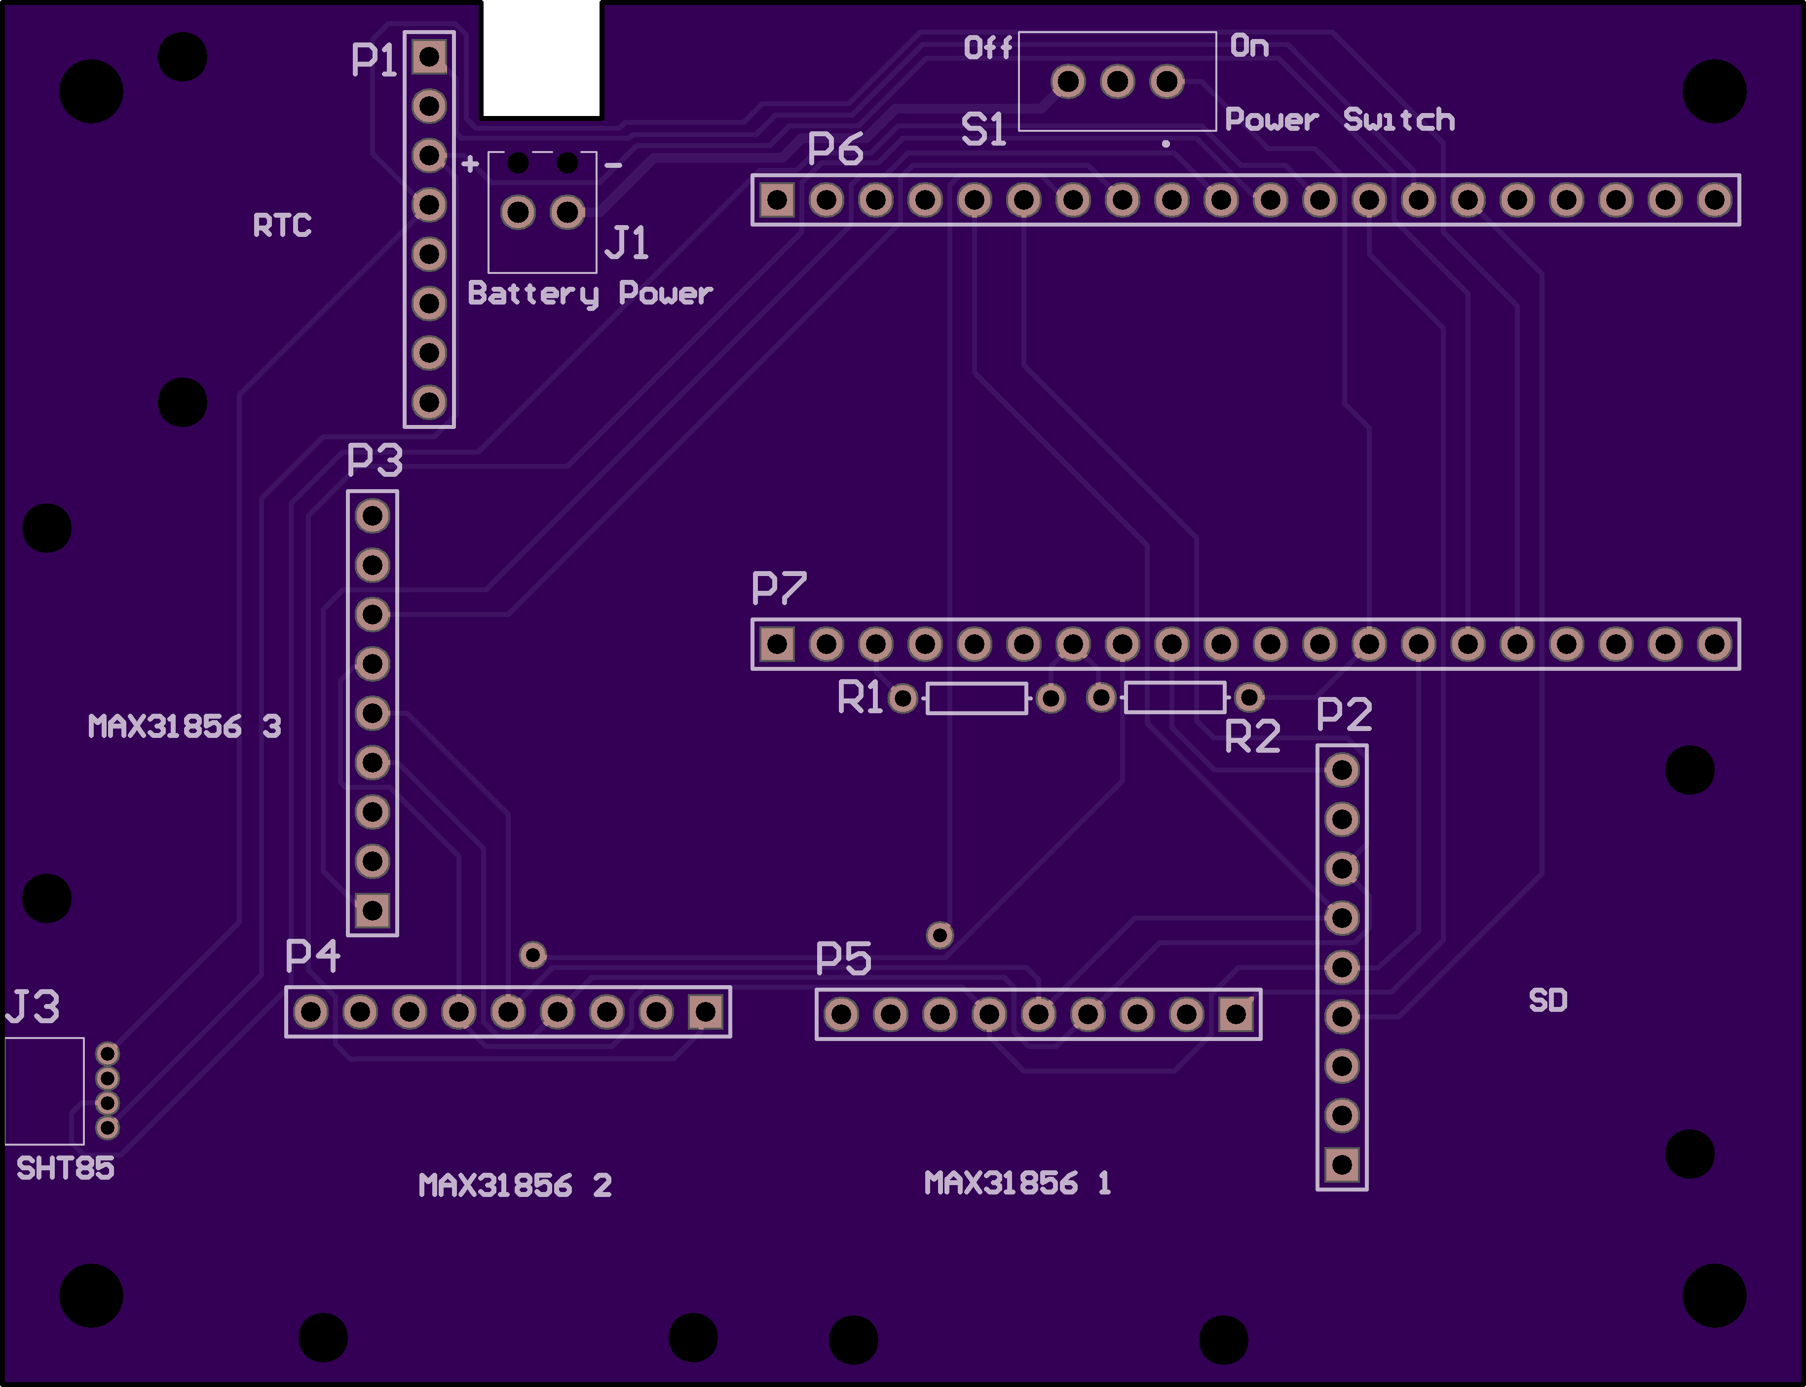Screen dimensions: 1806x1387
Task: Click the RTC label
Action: point(282,226)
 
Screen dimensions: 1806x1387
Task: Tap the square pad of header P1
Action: point(429,57)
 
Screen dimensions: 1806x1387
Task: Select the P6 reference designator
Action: point(835,149)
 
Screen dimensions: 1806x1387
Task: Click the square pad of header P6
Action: point(777,200)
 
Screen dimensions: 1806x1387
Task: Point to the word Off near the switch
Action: point(988,47)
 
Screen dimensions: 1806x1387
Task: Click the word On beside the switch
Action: point(1250,46)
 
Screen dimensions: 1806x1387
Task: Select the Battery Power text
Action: point(590,294)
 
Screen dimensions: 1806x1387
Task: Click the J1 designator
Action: point(627,243)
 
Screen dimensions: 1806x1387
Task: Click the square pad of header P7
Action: point(777,644)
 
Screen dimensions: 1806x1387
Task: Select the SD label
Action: point(1547,1001)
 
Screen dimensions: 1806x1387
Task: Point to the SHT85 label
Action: point(65,1168)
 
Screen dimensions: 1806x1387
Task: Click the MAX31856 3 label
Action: point(185,727)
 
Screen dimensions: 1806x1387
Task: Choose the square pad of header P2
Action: point(1342,1165)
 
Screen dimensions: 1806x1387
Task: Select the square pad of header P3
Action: point(372,911)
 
